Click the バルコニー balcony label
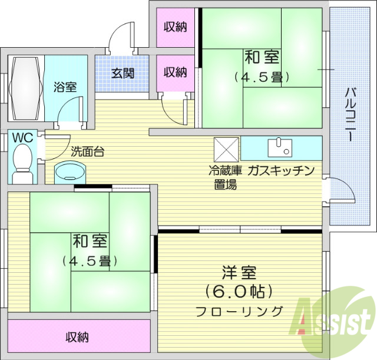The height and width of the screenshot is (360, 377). click(349, 114)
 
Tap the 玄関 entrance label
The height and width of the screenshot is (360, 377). click(123, 73)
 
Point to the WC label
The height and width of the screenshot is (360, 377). click(22, 137)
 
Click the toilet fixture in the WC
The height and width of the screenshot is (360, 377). click(22, 164)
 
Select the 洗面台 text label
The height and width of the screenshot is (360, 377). click(87, 151)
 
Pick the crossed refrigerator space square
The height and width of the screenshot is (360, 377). click(226, 148)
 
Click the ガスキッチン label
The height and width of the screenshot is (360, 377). click(281, 171)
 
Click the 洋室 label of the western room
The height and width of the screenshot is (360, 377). click(239, 274)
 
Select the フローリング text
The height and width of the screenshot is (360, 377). click(239, 311)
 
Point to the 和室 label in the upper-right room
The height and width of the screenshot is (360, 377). click(262, 58)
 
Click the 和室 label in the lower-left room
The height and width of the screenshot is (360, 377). click(90, 241)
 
